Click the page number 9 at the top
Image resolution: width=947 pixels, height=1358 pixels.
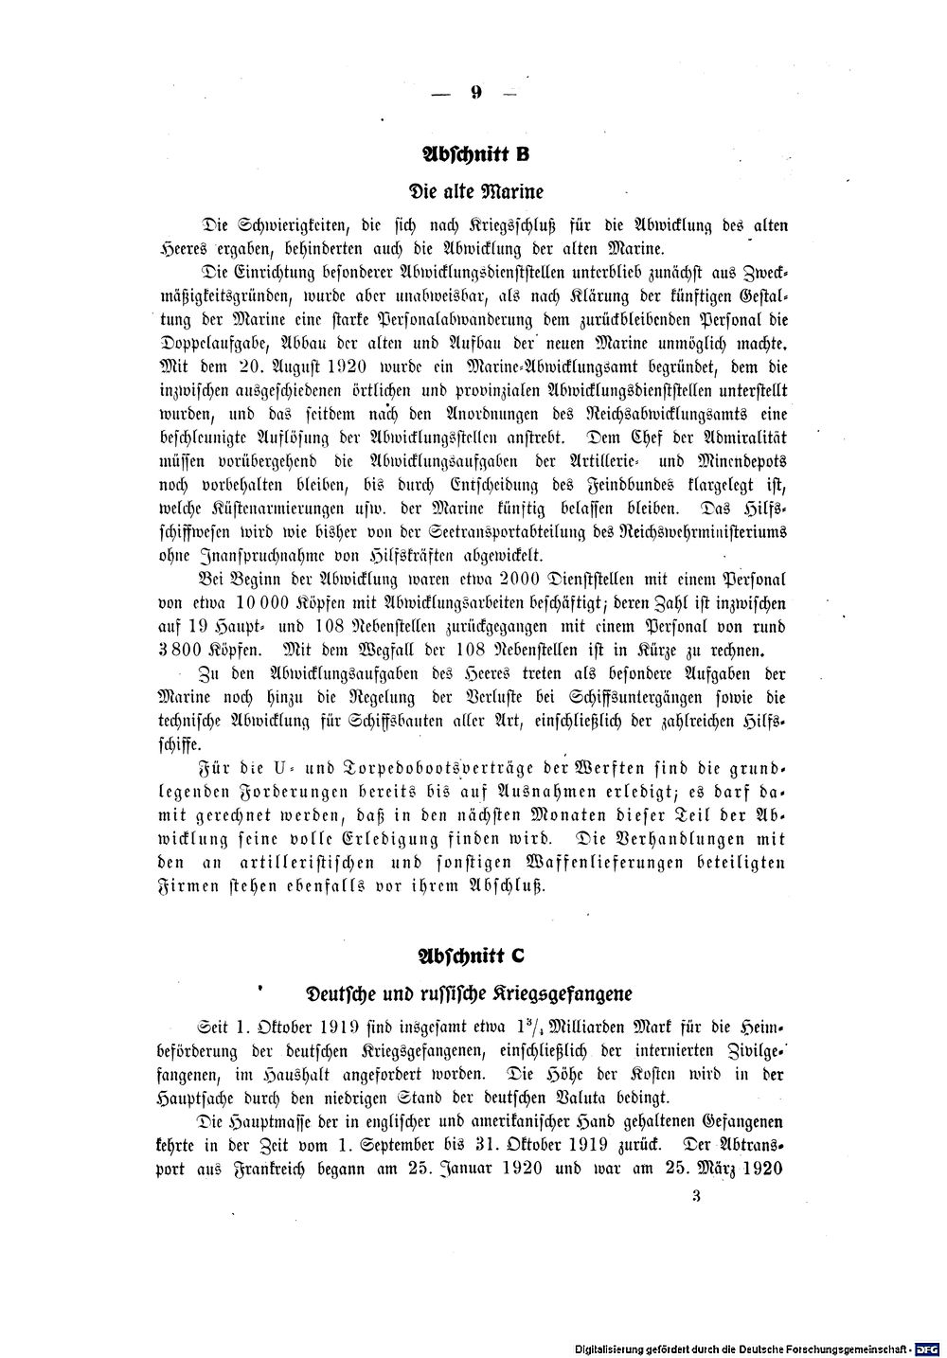(475, 93)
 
